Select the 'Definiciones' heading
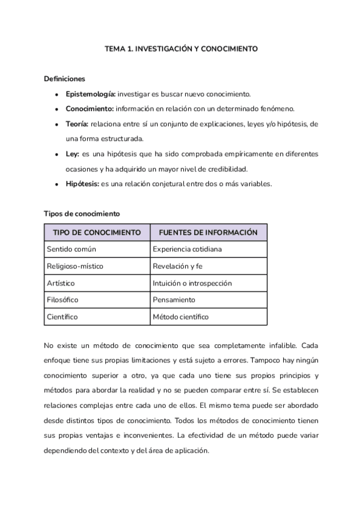tap(65, 79)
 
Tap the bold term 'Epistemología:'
tap(91, 94)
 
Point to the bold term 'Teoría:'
tap(77, 124)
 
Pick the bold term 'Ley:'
tap(73, 154)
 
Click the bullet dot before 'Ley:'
tap(56, 155)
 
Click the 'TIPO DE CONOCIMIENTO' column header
tap(97, 233)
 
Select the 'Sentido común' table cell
tap(71, 249)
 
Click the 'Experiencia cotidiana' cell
tap(188, 249)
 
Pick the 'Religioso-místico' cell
tap(76, 266)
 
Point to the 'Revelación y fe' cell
tap(178, 266)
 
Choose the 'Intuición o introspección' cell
tap(192, 283)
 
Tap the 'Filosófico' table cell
tap(63, 299)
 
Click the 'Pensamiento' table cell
tap(174, 299)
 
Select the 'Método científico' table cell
tap(181, 316)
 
